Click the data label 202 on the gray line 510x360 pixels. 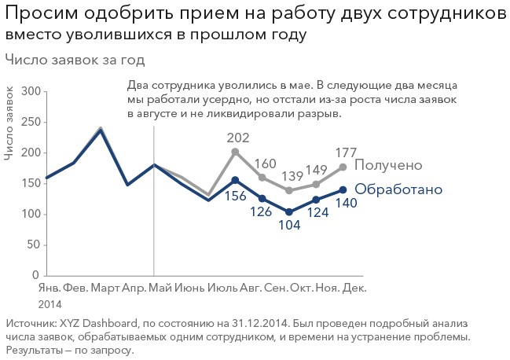(238, 138)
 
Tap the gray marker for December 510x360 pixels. (343, 167)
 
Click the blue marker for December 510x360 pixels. (343, 189)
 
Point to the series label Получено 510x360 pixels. (389, 166)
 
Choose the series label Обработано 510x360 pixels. (398, 189)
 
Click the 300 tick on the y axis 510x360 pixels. (30, 91)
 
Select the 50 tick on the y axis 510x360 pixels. (33, 245)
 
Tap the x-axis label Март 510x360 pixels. (105, 288)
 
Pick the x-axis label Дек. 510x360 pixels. (355, 288)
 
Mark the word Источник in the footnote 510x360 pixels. (31, 323)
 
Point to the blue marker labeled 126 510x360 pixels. (262, 198)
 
